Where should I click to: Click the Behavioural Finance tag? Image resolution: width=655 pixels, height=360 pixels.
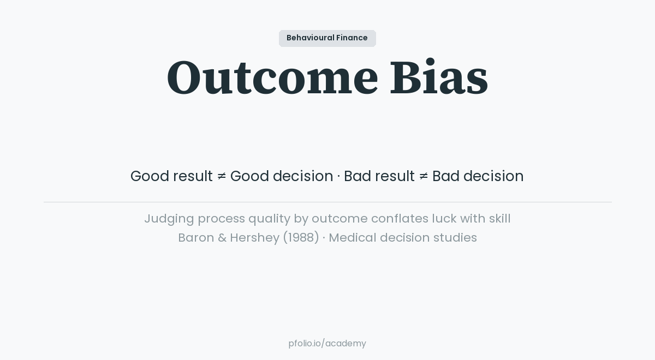pos(327,38)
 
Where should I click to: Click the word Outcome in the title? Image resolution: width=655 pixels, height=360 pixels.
pos(272,78)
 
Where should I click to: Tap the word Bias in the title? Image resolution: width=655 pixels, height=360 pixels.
pos(438,78)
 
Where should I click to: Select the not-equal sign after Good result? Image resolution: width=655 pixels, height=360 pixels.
pos(222,176)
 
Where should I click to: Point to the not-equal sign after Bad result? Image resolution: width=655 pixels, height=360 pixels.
pos(424,176)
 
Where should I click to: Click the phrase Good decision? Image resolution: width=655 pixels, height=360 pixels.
pos(282,176)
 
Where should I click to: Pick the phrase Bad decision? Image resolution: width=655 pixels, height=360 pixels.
pos(478,176)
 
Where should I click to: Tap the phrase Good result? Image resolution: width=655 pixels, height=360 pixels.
pos(171,176)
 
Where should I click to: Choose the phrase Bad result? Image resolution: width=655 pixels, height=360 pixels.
pos(379,176)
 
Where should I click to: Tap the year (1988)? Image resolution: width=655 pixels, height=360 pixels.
pos(301,238)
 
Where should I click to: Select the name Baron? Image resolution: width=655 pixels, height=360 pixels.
pos(196,238)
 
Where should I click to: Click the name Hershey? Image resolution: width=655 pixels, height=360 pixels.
pos(254,238)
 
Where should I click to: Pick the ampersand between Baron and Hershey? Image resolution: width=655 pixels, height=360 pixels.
pos(222,238)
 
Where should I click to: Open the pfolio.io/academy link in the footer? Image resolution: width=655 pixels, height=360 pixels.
pos(327,344)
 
